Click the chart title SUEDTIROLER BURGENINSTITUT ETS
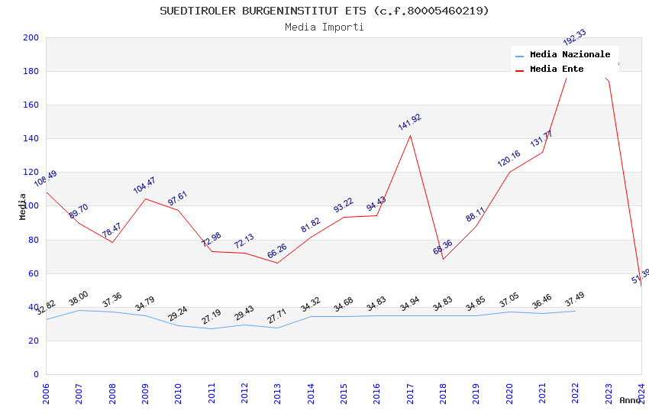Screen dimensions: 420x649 click(324, 11)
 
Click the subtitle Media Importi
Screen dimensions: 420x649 click(324, 27)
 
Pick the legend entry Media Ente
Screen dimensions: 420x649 click(557, 69)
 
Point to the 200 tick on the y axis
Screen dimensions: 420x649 click(31, 37)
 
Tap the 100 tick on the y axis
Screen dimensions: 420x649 click(31, 206)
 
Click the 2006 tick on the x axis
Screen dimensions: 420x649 click(46, 393)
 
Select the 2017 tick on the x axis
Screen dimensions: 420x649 click(410, 393)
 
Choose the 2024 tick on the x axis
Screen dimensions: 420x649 click(641, 393)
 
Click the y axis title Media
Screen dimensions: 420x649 click(23, 206)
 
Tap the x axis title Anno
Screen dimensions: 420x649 click(630, 400)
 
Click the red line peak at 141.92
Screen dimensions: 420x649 click(410, 135)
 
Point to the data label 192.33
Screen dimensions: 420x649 click(574, 37)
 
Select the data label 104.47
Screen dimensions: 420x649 click(144, 186)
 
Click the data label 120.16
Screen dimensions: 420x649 click(509, 159)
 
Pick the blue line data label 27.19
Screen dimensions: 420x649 click(211, 316)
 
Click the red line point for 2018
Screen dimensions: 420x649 click(443, 259)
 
